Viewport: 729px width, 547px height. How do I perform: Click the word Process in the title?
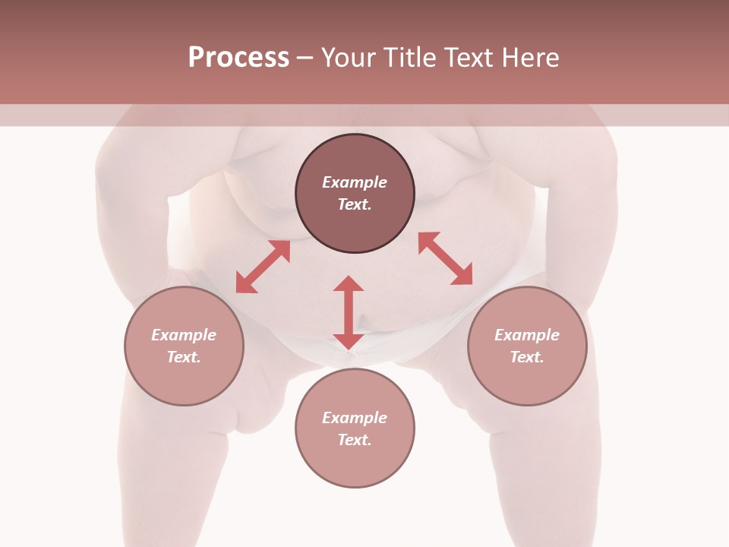click(x=238, y=58)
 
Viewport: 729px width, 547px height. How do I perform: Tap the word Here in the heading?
click(x=531, y=58)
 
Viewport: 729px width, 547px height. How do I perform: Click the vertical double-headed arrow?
click(x=349, y=312)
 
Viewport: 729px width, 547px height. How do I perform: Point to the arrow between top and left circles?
click(x=263, y=267)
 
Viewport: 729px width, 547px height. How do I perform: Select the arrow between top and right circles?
click(x=446, y=258)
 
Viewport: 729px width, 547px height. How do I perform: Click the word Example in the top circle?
click(x=355, y=182)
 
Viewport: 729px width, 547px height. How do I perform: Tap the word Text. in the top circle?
click(x=355, y=204)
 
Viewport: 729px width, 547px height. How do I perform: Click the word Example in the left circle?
click(x=184, y=335)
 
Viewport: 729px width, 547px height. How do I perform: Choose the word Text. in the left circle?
click(x=184, y=357)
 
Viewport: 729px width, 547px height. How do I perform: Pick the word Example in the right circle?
click(x=527, y=335)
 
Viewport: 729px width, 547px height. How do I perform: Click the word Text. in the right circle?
click(x=527, y=357)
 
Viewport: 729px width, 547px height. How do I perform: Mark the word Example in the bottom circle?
click(x=355, y=418)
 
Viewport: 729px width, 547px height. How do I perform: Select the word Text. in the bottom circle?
click(x=355, y=440)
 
